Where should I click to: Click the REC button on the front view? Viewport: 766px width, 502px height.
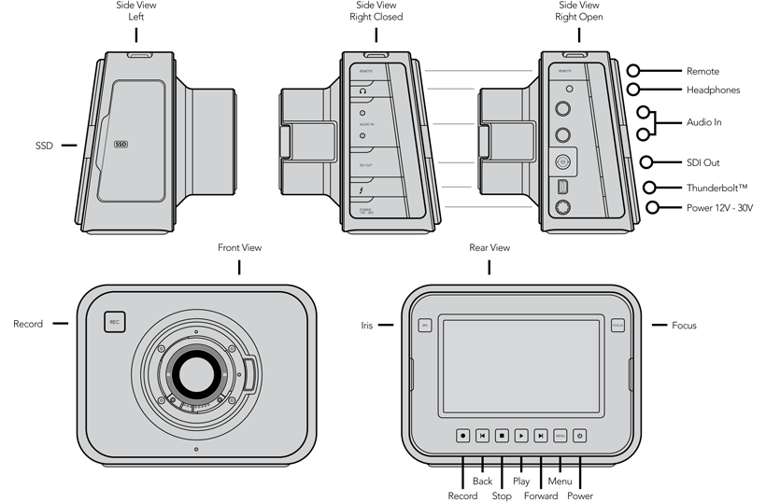(x=115, y=322)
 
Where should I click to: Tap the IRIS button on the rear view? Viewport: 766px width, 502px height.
(x=424, y=325)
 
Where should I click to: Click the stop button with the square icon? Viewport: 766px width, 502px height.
(x=502, y=435)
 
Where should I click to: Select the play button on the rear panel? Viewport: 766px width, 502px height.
(x=521, y=435)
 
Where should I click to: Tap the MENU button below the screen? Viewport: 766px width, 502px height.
(x=560, y=435)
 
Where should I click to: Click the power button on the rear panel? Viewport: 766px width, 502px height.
(x=579, y=435)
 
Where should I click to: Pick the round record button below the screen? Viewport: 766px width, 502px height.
(x=463, y=435)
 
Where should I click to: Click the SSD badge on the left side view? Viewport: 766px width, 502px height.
(x=121, y=145)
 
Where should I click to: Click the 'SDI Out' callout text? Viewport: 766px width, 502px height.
(x=703, y=162)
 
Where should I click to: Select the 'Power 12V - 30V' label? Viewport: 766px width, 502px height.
(x=719, y=208)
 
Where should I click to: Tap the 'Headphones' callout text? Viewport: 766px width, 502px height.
(x=713, y=90)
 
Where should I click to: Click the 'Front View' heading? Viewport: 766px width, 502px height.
(x=239, y=247)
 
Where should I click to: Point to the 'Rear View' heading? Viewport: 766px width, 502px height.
(x=489, y=247)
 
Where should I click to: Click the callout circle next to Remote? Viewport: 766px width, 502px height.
(x=634, y=71)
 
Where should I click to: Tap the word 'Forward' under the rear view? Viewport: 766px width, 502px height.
(x=541, y=495)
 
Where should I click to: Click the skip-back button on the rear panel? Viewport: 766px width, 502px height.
(x=482, y=435)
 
